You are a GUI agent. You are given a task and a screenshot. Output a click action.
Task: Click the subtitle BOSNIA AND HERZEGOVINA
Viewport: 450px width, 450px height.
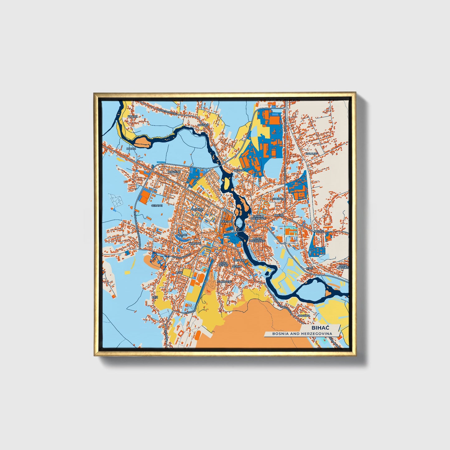click(x=302, y=334)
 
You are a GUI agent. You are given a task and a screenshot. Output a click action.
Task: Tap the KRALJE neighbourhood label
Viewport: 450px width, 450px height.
click(x=132, y=116)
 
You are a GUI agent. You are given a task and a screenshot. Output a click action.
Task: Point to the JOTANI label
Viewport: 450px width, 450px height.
click(x=131, y=149)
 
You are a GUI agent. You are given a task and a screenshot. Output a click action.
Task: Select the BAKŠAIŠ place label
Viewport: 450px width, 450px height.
click(x=203, y=125)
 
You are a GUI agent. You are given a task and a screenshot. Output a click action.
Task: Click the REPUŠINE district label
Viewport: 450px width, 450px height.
click(x=174, y=172)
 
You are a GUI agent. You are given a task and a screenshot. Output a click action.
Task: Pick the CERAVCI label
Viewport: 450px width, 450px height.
click(x=157, y=206)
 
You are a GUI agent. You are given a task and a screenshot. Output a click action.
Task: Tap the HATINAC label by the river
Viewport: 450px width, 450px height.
click(x=240, y=171)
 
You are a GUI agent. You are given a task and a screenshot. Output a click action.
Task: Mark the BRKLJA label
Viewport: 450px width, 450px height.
click(x=279, y=215)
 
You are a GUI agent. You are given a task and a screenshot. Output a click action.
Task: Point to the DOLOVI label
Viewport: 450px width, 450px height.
click(x=319, y=231)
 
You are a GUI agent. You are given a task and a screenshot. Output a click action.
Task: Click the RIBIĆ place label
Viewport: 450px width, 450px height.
click(x=309, y=268)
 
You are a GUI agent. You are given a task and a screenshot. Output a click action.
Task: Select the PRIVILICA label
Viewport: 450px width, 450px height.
click(x=304, y=315)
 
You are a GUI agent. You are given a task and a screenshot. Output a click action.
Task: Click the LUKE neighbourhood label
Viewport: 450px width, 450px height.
click(x=179, y=272)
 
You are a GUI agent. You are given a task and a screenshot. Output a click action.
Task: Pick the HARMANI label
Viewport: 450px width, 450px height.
click(x=195, y=243)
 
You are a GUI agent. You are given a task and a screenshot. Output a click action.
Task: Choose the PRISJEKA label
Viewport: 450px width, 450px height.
click(x=239, y=260)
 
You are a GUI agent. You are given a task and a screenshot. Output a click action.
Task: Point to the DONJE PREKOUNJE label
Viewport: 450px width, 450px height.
click(x=258, y=239)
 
